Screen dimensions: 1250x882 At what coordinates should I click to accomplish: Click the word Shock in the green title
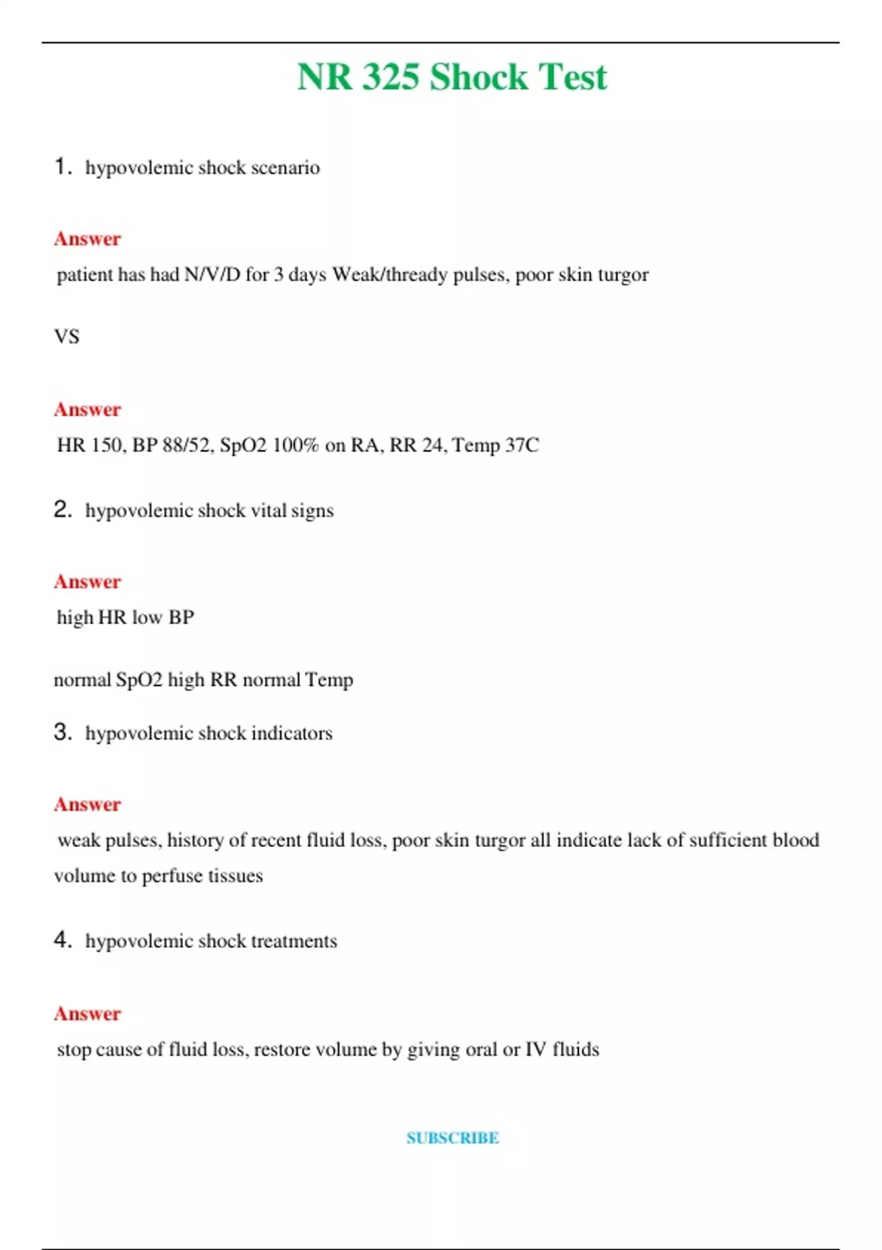478,77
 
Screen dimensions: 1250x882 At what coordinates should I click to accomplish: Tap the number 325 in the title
391,77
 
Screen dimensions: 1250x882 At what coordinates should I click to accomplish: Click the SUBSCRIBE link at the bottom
453,1138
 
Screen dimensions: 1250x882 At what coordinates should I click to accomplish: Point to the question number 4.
62,940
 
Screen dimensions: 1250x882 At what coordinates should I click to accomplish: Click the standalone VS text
67,337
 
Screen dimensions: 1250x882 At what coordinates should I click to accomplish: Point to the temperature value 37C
522,446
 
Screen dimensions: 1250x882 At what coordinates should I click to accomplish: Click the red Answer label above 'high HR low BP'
87,582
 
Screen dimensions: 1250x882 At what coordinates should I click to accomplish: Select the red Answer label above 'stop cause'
87,1014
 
